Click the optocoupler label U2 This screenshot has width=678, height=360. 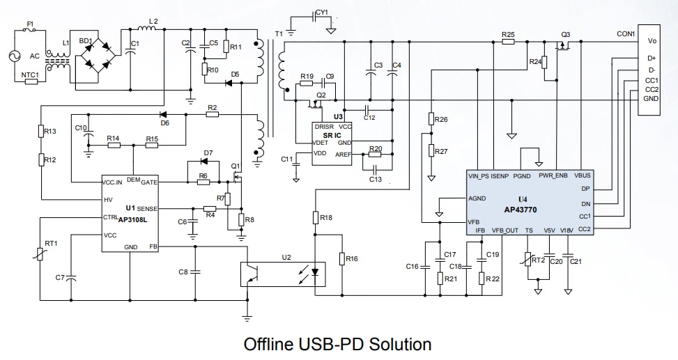point(286,257)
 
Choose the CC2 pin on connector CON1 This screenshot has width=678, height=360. point(651,89)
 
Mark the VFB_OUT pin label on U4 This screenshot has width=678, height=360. point(504,230)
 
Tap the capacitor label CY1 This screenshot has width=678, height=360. point(321,12)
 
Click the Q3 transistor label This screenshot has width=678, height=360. point(565,33)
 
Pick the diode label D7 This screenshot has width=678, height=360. point(208,152)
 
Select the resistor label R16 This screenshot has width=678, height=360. point(352,258)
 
